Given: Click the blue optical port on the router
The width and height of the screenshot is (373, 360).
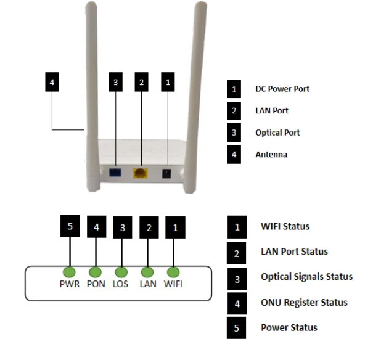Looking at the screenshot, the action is (x=115, y=173).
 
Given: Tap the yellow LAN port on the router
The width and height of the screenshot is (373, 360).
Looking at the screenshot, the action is (x=141, y=173).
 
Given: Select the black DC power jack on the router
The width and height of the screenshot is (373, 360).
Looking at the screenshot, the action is (x=166, y=174).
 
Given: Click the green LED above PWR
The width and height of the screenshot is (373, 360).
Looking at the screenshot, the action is (x=69, y=272).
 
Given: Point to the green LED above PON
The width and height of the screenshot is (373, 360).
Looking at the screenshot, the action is (x=95, y=272).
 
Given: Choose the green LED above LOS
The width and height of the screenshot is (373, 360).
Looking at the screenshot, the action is (x=121, y=272).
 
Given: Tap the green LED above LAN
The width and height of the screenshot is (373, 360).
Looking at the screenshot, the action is (x=147, y=272).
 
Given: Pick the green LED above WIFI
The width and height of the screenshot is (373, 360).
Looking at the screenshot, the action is (x=173, y=272).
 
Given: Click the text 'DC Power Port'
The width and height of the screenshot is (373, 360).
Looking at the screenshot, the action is (x=282, y=89).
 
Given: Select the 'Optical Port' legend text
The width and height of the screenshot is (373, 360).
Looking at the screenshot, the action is (x=277, y=133).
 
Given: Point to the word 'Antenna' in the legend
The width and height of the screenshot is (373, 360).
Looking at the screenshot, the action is (x=271, y=155).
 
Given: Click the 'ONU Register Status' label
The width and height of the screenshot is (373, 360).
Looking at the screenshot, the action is (x=304, y=303).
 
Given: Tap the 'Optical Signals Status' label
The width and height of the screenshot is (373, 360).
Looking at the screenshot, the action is (x=307, y=277).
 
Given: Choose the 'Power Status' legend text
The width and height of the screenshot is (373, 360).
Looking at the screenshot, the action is (x=289, y=328).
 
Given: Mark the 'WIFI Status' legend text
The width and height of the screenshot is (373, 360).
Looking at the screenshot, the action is (x=285, y=226).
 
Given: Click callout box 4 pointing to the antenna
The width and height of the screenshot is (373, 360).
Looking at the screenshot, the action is (x=52, y=82).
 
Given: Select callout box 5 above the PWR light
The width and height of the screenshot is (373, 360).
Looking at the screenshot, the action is (x=70, y=226).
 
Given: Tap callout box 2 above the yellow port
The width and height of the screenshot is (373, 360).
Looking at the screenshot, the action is (x=142, y=82).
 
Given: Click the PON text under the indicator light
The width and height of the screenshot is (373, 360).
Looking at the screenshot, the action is (x=96, y=284).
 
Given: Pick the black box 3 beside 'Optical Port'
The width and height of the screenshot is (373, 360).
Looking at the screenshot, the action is (x=234, y=133).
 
